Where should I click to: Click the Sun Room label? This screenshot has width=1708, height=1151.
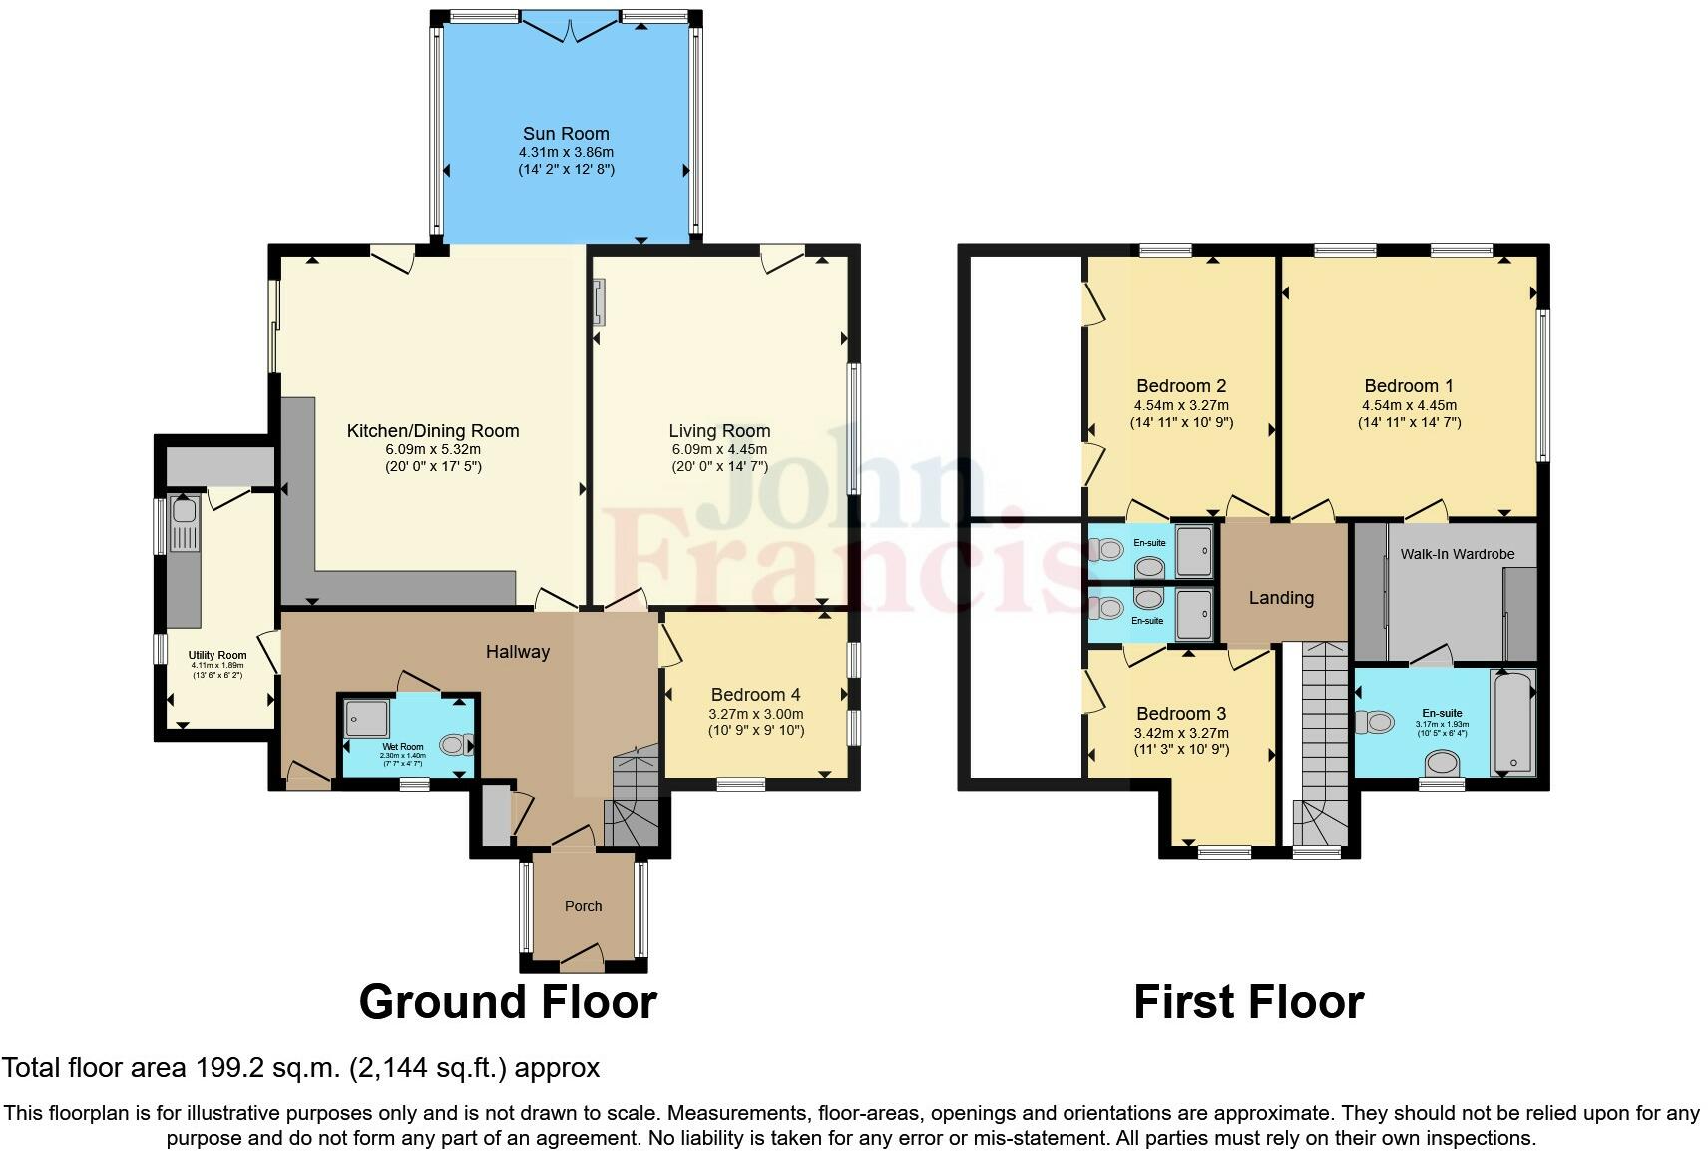click(566, 134)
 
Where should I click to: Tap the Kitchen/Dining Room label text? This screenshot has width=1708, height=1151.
click(433, 431)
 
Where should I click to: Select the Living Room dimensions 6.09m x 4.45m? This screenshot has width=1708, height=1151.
click(719, 449)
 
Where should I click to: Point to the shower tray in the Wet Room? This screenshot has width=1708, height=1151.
click(366, 719)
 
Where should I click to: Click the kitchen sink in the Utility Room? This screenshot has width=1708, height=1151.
click(184, 512)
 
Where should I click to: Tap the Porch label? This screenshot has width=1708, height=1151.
click(584, 906)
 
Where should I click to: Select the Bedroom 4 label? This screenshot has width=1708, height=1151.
click(755, 695)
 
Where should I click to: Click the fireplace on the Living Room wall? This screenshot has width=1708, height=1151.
click(598, 303)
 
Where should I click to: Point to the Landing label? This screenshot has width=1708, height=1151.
click(1281, 598)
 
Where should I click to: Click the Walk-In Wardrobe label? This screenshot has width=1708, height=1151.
click(1457, 554)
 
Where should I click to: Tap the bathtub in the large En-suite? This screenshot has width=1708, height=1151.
click(1512, 722)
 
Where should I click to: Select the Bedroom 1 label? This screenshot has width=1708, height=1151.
click(1408, 386)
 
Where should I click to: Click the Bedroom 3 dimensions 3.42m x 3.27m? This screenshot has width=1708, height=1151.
click(1181, 732)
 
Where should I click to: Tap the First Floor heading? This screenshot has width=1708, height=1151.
click(1248, 1002)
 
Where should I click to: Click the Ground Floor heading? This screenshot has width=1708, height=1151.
click(508, 1002)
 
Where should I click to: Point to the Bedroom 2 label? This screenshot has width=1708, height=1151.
click(1181, 386)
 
